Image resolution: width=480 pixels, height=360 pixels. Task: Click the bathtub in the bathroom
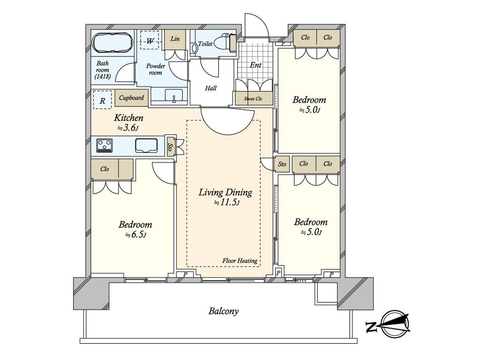(x=112, y=43)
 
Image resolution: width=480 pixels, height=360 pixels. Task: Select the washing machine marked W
(x=150, y=40)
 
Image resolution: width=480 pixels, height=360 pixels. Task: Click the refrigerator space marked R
(x=103, y=100)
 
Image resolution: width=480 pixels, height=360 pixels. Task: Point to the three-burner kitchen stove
(x=105, y=145)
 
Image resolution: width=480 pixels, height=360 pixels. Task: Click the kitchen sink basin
(x=146, y=145)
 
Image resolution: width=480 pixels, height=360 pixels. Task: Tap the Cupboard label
(x=131, y=98)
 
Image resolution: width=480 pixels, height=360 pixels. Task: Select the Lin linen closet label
(x=175, y=39)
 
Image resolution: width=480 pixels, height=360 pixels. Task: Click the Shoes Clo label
(x=253, y=98)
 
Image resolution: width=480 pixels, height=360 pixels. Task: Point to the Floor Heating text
(x=240, y=261)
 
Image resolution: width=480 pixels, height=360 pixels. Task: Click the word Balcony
(x=224, y=312)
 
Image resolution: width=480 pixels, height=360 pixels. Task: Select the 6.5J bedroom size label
(x=135, y=235)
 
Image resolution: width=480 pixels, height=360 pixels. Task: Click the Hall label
(x=210, y=88)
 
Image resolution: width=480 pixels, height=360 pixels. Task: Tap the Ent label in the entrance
(x=255, y=65)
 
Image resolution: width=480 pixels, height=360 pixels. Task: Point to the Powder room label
(x=156, y=69)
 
